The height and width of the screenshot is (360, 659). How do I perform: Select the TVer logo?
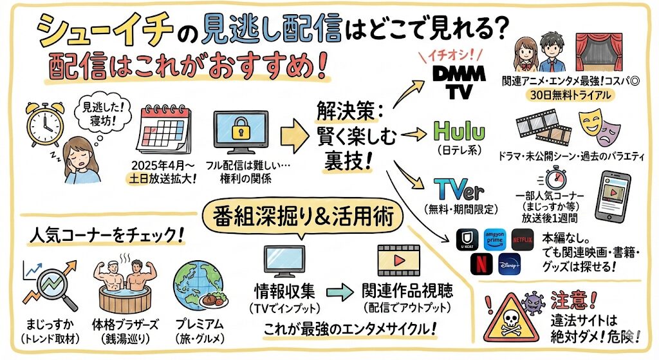tap(456, 188)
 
